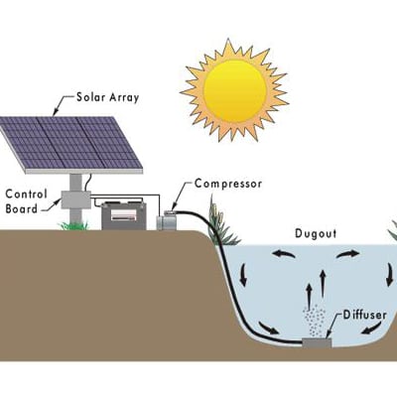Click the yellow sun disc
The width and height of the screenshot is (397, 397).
[235, 90]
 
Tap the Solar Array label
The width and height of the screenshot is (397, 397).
[108, 98]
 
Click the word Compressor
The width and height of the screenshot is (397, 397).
[228, 184]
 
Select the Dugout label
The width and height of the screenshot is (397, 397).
[316, 233]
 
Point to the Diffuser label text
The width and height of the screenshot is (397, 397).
[364, 315]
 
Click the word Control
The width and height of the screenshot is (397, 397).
[27, 194]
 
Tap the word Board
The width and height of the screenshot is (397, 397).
[22, 209]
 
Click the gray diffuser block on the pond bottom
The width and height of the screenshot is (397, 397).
[317, 343]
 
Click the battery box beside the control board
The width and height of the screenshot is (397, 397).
[124, 215]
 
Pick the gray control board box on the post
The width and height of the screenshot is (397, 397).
[76, 199]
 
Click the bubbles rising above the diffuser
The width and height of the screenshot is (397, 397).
[314, 320]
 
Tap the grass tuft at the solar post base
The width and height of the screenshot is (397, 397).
[73, 226]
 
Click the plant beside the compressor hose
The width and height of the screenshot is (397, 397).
[221, 221]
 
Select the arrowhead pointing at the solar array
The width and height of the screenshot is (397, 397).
[56, 112]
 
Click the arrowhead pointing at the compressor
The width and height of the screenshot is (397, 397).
[175, 205]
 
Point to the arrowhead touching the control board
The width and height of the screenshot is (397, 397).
[57, 200]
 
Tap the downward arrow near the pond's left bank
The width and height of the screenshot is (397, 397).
[243, 275]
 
